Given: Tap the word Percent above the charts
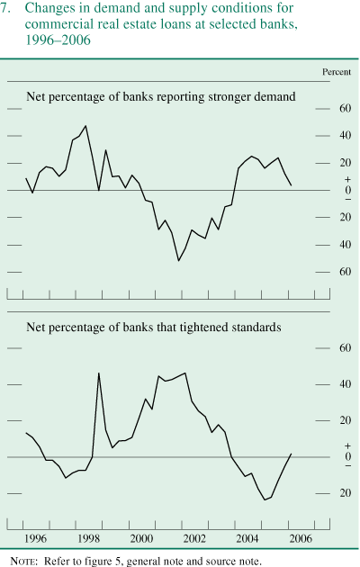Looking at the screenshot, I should tap(337, 71).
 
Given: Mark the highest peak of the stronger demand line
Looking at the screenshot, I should tap(85, 126).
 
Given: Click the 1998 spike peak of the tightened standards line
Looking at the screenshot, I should tap(98, 373).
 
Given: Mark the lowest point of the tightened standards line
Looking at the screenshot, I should tap(265, 499).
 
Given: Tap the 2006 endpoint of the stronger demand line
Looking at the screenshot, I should tap(291, 185).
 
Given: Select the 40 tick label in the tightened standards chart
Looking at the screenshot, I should tap(344, 384).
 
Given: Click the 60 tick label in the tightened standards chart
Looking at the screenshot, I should tap(344, 347).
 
